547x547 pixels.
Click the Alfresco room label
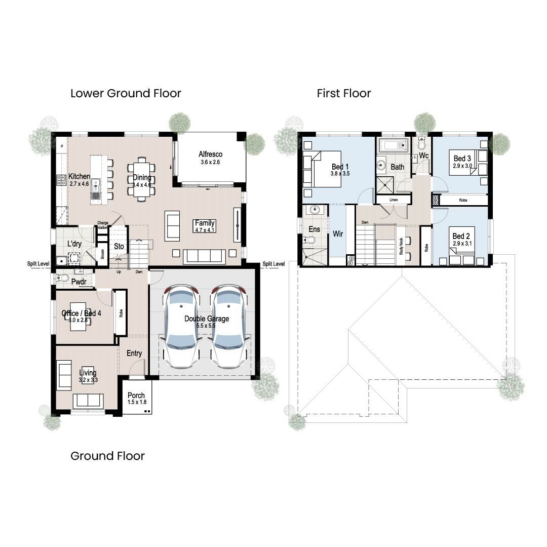(210, 154)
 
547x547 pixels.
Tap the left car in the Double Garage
(181, 327)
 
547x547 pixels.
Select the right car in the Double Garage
(229, 327)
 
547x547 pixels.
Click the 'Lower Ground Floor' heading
(126, 93)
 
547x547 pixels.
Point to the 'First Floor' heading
(344, 93)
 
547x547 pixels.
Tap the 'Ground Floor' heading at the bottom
(107, 456)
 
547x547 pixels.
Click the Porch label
(136, 395)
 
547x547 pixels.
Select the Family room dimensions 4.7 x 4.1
(205, 230)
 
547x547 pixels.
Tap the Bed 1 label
(340, 167)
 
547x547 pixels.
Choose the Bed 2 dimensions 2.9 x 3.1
(461, 244)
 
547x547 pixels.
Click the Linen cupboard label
(394, 200)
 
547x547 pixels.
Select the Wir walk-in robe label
(338, 234)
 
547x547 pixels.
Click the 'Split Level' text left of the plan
(38, 264)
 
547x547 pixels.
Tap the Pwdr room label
(79, 281)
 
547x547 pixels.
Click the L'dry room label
(74, 244)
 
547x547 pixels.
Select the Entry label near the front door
(134, 353)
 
